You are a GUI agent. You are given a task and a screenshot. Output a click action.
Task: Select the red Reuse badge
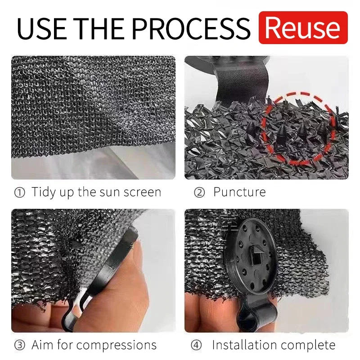[303, 28]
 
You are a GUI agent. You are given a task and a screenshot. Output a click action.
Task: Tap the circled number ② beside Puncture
[199, 193]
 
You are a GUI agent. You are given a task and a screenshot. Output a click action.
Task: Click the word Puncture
[239, 193]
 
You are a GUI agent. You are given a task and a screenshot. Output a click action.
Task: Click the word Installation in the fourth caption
[243, 346]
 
